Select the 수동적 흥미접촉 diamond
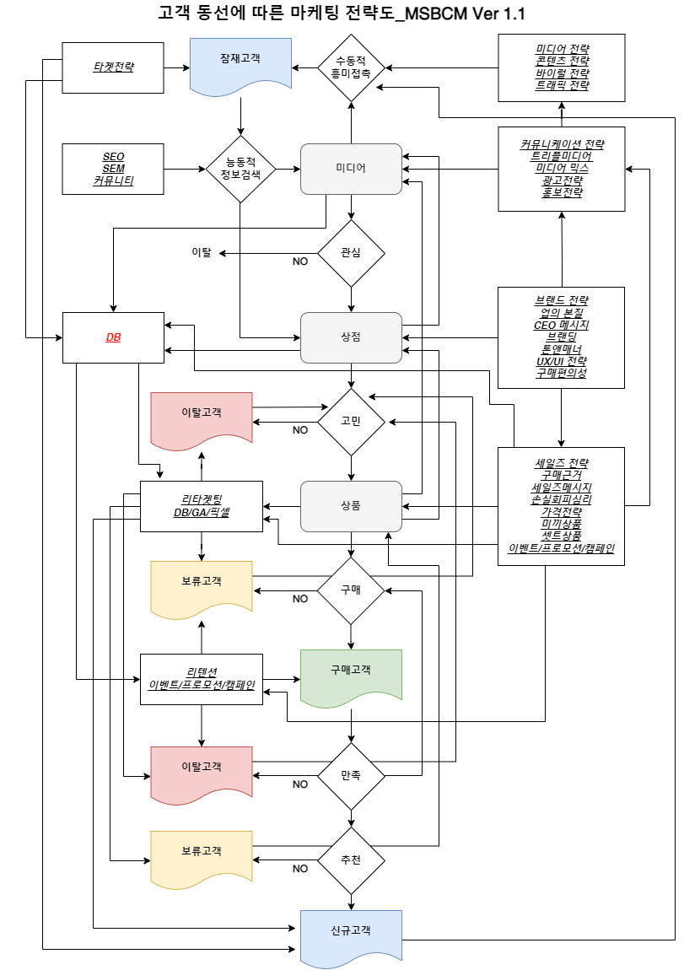pyautogui.click(x=351, y=67)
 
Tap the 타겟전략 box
pyautogui.click(x=113, y=65)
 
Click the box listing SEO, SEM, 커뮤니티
pyautogui.click(x=113, y=169)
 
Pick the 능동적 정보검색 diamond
pyautogui.click(x=240, y=169)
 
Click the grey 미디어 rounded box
pyautogui.click(x=351, y=169)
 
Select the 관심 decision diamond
pyautogui.click(x=351, y=253)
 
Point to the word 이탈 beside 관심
pyautogui.click(x=202, y=253)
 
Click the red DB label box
pyautogui.click(x=113, y=337)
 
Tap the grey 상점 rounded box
pyautogui.click(x=351, y=337)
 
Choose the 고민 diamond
pyautogui.click(x=351, y=421)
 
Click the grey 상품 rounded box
pyautogui.click(x=351, y=506)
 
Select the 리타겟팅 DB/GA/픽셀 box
pyautogui.click(x=202, y=506)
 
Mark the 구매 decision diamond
pyautogui.click(x=351, y=590)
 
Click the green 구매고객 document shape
pyautogui.click(x=351, y=675)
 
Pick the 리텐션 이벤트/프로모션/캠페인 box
pyautogui.click(x=202, y=679)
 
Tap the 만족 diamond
pyautogui.click(x=351, y=775)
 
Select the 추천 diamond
pyautogui.click(x=351, y=860)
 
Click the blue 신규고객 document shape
pyautogui.click(x=351, y=934)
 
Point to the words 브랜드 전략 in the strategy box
pyautogui.click(x=561, y=300)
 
